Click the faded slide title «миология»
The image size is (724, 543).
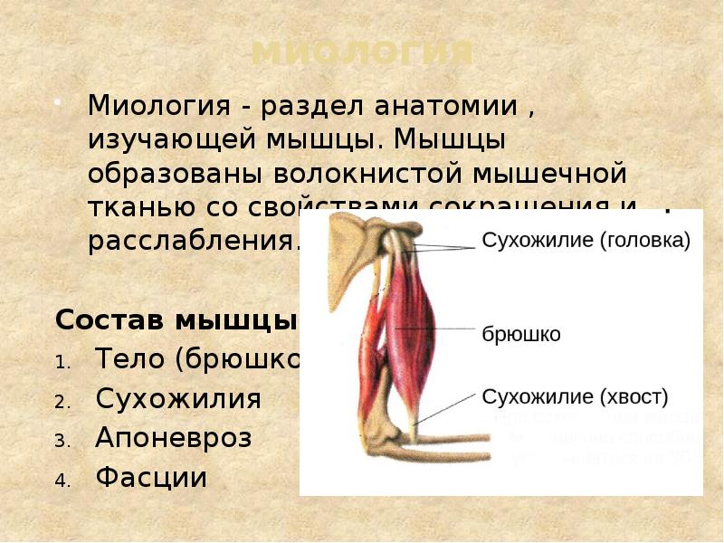click(361, 52)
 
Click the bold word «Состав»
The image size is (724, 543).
click(110, 320)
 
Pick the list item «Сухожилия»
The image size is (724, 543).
click(178, 399)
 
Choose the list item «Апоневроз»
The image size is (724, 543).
click(174, 438)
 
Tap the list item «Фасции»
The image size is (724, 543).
click(151, 477)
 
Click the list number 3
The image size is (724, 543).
click(62, 441)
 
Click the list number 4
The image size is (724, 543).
click(62, 480)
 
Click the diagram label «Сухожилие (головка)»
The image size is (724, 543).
click(586, 241)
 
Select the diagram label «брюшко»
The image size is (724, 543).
click(520, 335)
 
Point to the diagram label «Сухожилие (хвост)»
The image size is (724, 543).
click(575, 396)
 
